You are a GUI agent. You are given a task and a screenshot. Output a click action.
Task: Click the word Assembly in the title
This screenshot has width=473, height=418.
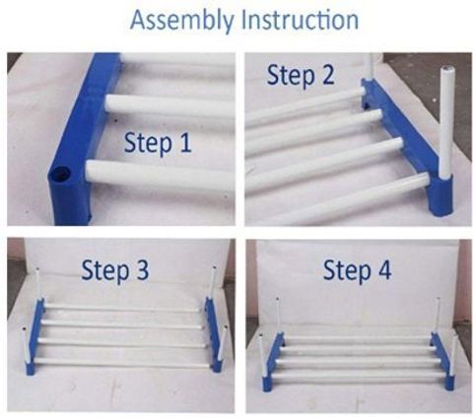click(x=181, y=21)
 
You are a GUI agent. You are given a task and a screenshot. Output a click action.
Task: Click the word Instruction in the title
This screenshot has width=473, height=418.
click(x=301, y=20)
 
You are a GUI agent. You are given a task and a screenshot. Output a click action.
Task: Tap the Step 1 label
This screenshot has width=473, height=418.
click(x=158, y=144)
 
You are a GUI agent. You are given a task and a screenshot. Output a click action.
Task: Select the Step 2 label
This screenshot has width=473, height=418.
click(x=301, y=76)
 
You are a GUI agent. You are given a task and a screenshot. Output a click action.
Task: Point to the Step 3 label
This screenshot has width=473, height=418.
click(x=115, y=270)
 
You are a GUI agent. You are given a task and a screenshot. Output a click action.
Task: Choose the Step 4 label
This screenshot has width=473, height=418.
click(x=357, y=270)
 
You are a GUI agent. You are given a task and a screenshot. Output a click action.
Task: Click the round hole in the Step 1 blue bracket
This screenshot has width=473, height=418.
click(x=60, y=173)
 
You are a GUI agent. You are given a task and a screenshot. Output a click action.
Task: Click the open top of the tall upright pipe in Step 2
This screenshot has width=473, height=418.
click(x=446, y=70)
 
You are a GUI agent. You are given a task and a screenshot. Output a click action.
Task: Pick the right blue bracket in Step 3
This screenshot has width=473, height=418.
click(x=213, y=333)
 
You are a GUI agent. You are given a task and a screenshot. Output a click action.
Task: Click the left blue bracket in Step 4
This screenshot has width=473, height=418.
click(x=273, y=361)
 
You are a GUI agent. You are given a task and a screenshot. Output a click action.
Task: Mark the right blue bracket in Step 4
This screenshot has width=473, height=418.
click(x=443, y=360)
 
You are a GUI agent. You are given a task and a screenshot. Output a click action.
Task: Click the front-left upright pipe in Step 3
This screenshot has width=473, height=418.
click(x=25, y=344)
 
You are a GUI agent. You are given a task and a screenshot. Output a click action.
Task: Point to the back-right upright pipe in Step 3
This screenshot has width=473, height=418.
click(x=214, y=282)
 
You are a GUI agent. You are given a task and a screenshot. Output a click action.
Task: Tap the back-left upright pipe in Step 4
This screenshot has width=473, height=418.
click(x=278, y=316)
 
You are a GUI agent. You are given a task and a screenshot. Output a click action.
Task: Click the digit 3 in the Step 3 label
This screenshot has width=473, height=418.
click(x=142, y=269)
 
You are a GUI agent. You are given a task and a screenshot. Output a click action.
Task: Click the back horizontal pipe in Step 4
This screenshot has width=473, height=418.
click(x=358, y=338)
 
